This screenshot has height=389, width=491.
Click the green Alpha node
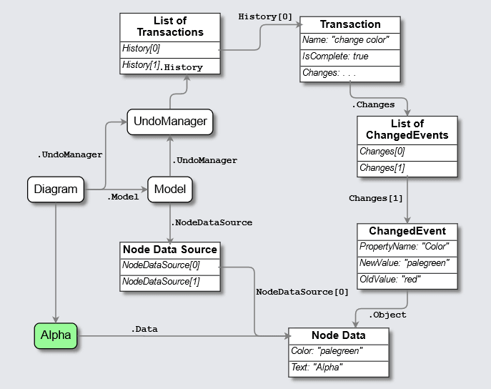(x=56, y=335)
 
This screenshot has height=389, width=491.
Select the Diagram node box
(x=55, y=189)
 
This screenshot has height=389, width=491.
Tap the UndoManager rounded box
(x=170, y=121)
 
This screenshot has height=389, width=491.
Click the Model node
(x=170, y=189)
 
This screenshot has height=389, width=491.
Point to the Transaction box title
(x=350, y=25)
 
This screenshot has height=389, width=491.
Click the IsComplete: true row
(x=350, y=56)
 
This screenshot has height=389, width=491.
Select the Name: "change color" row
(x=350, y=41)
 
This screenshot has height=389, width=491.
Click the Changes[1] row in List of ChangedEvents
(x=406, y=168)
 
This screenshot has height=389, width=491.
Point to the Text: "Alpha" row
(x=338, y=367)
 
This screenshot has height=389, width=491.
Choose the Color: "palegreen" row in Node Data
(x=338, y=351)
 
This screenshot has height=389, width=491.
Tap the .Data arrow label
(x=144, y=329)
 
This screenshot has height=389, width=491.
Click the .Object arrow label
(x=387, y=315)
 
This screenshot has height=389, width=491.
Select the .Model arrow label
(x=122, y=196)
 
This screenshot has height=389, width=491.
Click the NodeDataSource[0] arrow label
(x=302, y=292)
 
